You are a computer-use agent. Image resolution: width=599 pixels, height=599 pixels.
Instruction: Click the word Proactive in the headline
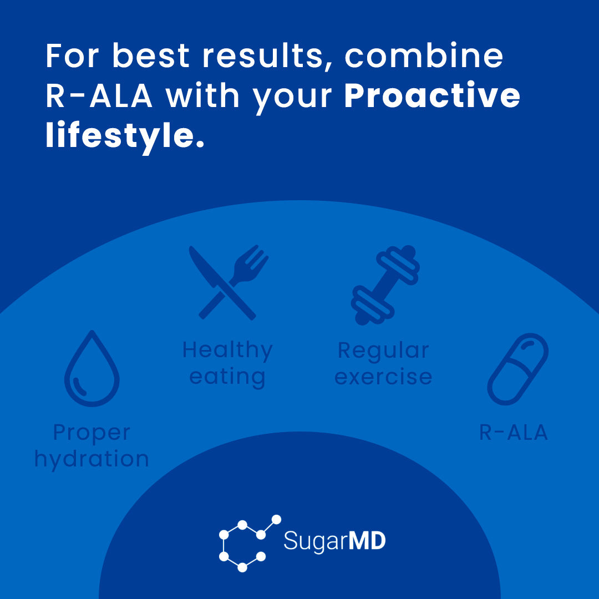(432, 97)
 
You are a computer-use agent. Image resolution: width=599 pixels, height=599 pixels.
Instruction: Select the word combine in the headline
(424, 57)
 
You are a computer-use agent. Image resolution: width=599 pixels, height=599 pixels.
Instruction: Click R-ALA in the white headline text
(99, 97)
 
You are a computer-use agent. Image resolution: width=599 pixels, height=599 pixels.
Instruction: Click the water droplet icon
(92, 369)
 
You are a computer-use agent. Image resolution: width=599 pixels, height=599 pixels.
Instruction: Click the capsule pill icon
(518, 369)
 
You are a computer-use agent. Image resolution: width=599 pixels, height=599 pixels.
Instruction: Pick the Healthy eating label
(227, 363)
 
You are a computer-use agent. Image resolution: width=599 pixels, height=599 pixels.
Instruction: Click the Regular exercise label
(383, 363)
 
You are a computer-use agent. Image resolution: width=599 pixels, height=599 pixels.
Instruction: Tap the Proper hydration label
(92, 445)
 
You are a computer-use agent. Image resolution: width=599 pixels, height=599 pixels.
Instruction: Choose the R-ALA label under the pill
(514, 433)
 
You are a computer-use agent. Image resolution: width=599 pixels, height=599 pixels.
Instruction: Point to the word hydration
(92, 459)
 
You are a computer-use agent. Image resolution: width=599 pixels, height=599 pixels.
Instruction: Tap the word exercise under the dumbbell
(383, 377)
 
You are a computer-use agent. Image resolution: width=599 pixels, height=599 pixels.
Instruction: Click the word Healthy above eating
(227, 350)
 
